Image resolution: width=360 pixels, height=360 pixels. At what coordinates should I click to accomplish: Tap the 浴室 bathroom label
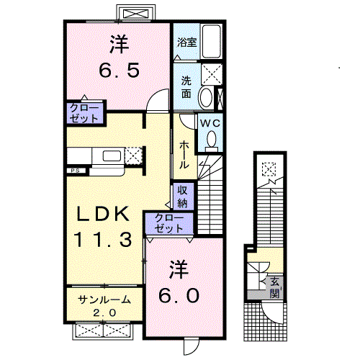[186, 42]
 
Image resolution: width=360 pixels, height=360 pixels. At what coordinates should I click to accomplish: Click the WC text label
[210, 124]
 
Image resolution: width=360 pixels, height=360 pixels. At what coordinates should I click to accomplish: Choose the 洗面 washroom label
[186, 87]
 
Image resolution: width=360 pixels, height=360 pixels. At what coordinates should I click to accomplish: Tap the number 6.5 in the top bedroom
[119, 71]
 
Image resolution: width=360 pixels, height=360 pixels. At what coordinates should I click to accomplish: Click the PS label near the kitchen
[75, 171]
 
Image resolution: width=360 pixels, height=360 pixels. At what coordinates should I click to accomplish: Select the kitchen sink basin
[112, 156]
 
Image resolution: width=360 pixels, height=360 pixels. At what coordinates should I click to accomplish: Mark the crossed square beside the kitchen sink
[133, 156]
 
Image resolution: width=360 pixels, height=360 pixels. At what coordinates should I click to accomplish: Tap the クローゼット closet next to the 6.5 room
[84, 112]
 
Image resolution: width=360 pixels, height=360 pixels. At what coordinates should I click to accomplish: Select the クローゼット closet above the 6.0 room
[168, 223]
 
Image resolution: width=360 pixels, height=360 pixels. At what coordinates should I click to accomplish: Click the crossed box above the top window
[134, 13]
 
